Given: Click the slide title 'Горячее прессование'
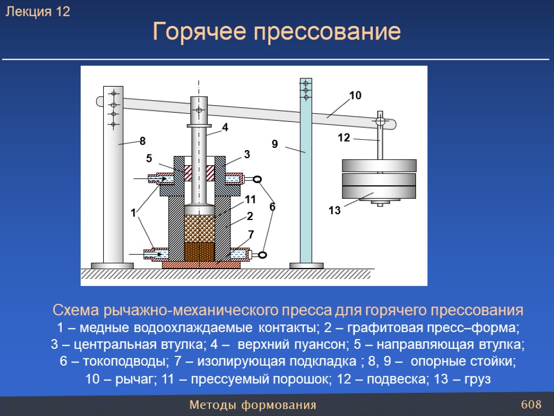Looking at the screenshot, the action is coord(276,32).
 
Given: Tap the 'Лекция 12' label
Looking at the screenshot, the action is coord(38,12).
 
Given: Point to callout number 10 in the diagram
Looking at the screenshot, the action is coord(355,96).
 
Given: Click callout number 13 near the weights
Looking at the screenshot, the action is coord(335,211).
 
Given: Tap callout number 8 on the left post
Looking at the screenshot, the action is coord(143,141).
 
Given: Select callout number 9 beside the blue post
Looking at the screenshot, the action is coord(274,144).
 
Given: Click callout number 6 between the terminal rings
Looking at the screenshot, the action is coord(272,206).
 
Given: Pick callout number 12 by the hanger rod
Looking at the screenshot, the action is coord(344,138).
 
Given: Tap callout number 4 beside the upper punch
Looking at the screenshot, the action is coord(225,128).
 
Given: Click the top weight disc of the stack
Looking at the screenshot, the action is coord(379,166).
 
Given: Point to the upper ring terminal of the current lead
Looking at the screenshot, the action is coord(258,179).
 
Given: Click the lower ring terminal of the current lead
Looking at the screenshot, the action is coord(263,255).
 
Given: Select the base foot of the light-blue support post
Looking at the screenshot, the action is coord(306,265).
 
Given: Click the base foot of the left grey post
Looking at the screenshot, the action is coord(112,265).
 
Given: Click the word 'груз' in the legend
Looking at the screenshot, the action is coord(478,379).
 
